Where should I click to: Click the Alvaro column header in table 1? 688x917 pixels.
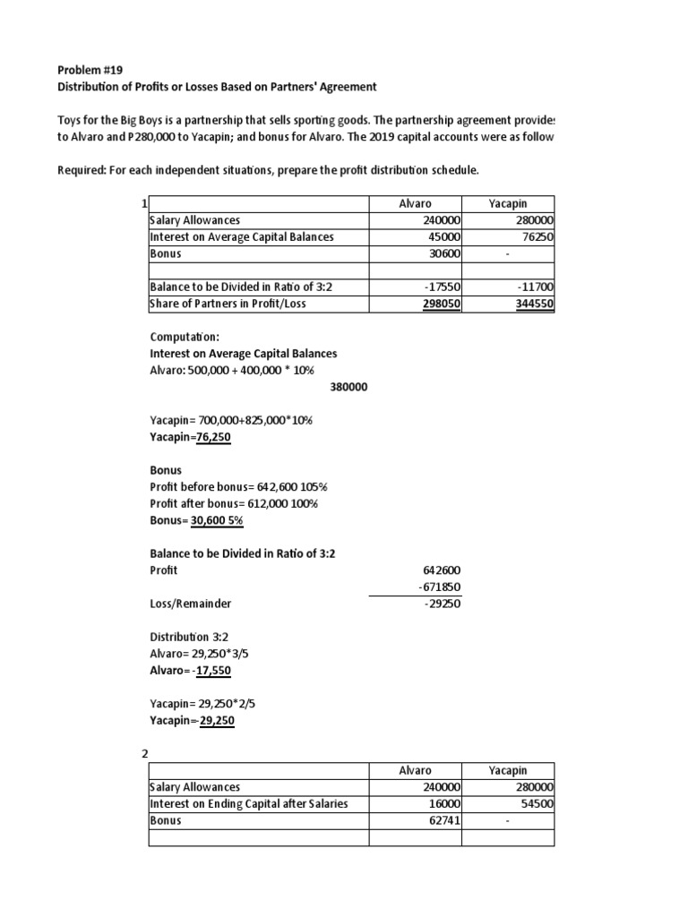[414, 204]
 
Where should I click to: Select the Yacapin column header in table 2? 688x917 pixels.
[508, 770]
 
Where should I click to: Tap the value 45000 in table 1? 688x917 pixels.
[443, 237]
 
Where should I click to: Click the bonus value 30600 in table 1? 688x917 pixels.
[443, 253]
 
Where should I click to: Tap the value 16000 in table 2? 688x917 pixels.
[443, 803]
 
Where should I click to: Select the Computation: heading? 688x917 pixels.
[184, 338]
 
